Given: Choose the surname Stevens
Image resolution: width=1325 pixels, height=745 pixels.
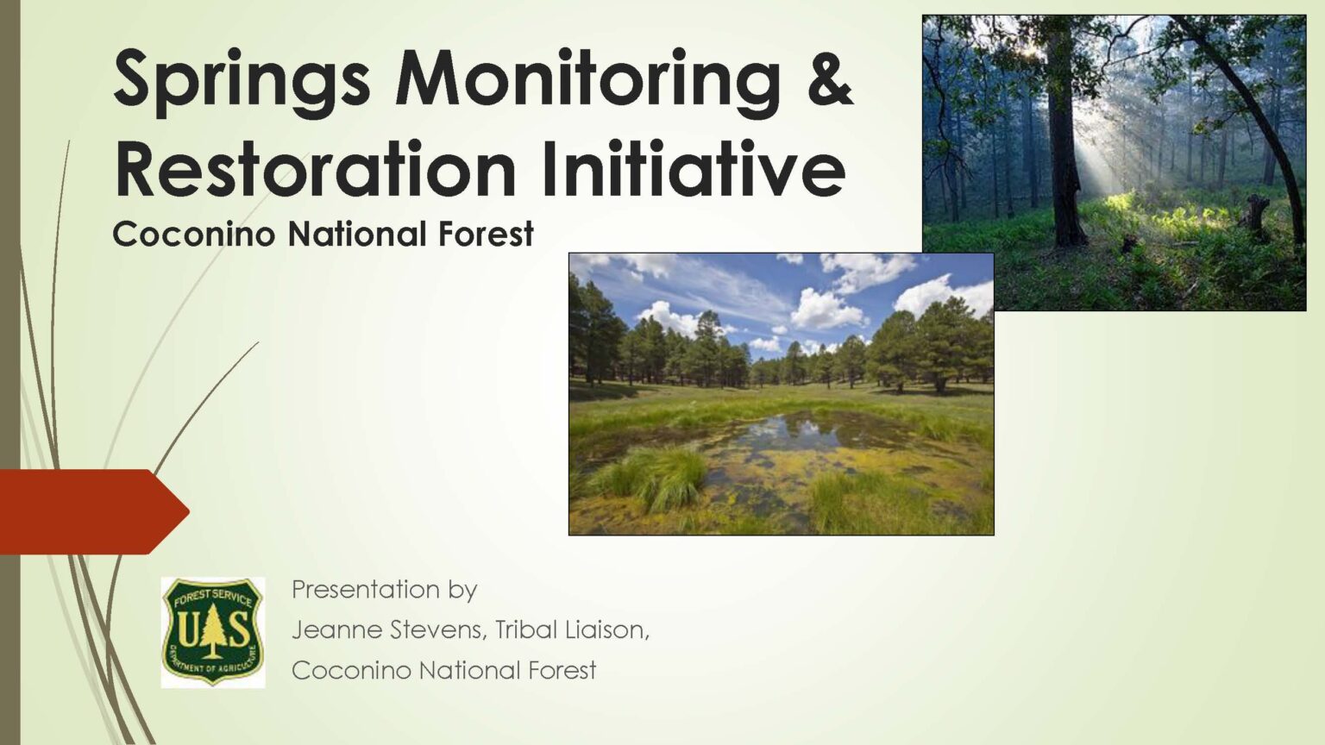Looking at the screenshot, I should (x=436, y=630).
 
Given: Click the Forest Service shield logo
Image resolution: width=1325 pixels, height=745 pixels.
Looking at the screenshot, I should (x=212, y=632).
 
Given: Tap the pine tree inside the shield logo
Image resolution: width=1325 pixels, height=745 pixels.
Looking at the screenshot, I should (x=212, y=627).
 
